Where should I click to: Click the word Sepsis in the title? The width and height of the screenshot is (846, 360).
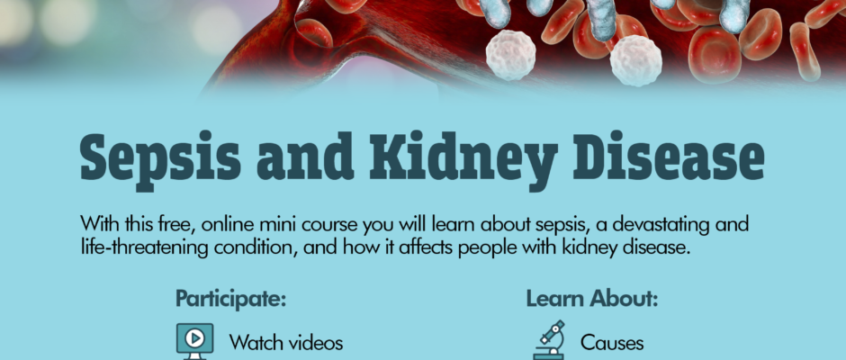point(160,158)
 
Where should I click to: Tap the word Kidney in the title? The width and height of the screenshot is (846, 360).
point(463,158)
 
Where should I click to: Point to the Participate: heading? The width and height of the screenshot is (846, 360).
point(230,299)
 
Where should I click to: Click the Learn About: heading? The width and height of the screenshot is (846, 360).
point(592,299)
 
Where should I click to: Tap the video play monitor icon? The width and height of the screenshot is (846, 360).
point(194,341)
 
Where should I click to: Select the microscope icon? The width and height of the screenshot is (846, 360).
point(549,340)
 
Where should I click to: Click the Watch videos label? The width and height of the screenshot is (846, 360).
point(286,343)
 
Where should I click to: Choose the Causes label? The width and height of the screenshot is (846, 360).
point(612,343)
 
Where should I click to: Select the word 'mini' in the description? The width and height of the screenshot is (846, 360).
point(293,224)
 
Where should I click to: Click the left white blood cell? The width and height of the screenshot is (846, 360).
point(510,55)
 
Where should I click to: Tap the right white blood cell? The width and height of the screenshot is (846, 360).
point(635,60)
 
